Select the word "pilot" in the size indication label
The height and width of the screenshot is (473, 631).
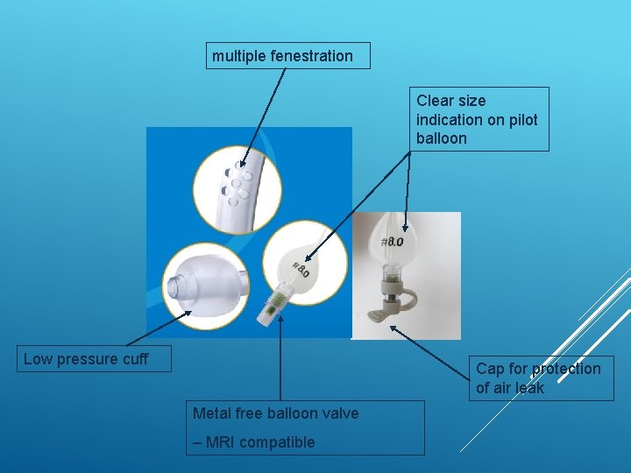click(x=523, y=120)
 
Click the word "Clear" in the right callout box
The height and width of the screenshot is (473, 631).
click(x=433, y=101)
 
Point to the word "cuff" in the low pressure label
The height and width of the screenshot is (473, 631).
click(x=136, y=359)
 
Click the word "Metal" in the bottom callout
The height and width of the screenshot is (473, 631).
click(x=210, y=413)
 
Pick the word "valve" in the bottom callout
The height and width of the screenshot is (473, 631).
click(x=341, y=413)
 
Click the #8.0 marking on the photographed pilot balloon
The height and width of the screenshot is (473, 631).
click(x=392, y=242)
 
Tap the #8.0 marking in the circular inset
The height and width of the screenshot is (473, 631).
click(x=301, y=269)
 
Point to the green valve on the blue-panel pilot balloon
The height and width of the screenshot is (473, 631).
click(x=274, y=303)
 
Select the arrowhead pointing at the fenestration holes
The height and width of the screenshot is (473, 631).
click(x=242, y=163)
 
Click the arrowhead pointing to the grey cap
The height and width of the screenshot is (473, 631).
click(x=394, y=329)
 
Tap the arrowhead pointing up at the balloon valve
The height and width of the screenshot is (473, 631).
click(x=280, y=319)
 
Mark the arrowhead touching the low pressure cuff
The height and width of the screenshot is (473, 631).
click(x=188, y=314)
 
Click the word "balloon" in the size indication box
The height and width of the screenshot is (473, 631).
click(x=442, y=138)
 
